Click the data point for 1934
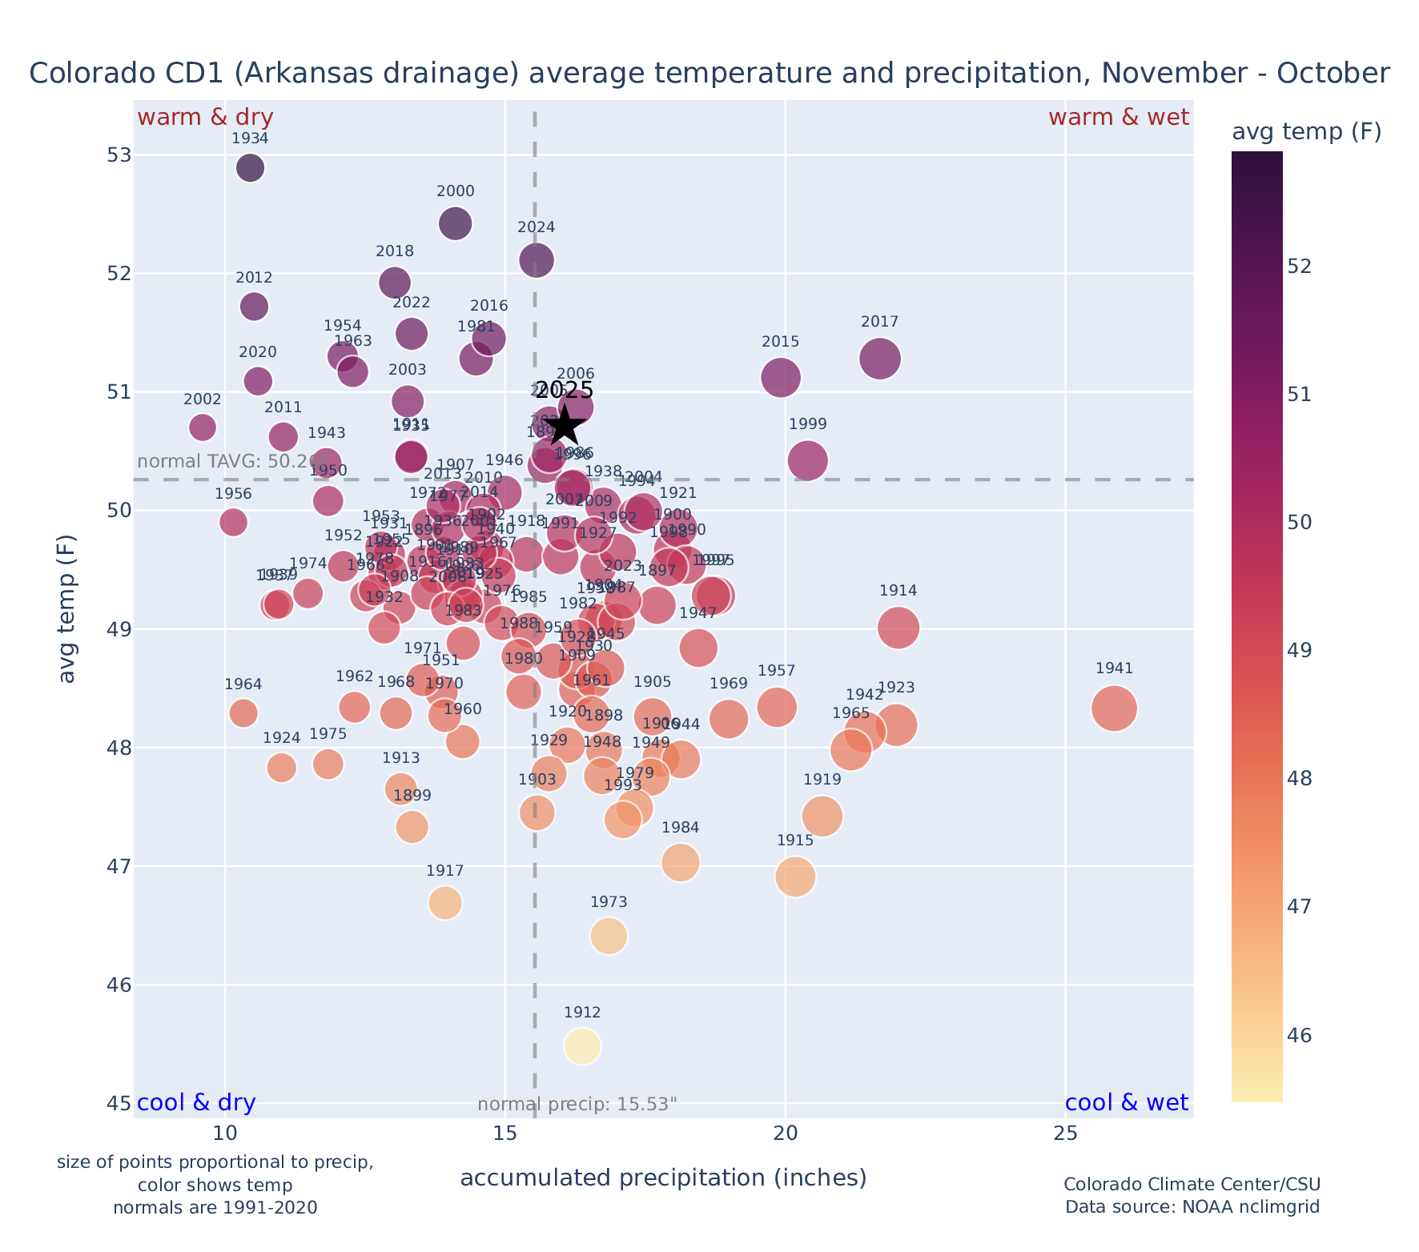[x=250, y=168]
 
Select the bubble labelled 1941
[x=1114, y=708]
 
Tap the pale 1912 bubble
[x=582, y=1046]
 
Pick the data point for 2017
[x=880, y=358]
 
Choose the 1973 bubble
[x=609, y=936]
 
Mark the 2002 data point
[x=203, y=427]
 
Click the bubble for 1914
[x=898, y=628]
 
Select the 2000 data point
[x=456, y=223]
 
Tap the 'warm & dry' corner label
[x=206, y=118]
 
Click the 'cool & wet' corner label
[x=1126, y=1103]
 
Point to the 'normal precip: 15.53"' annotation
[x=577, y=1105]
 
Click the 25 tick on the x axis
[x=1065, y=1134]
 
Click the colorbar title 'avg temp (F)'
[x=1306, y=132]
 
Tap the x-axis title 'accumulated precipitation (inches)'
[x=663, y=1178]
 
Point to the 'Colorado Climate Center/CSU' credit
[x=1192, y=1185]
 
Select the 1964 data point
[x=243, y=712]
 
